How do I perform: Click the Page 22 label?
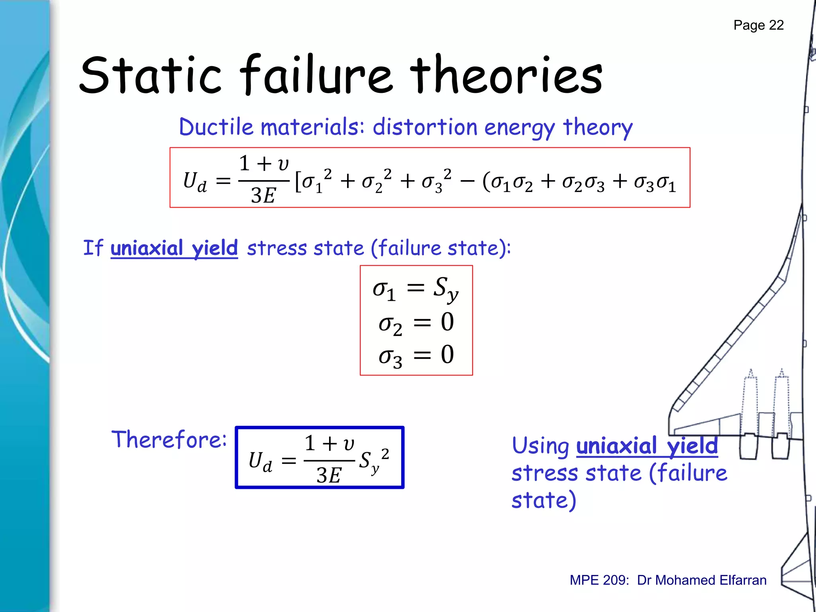[758, 25]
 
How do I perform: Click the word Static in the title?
[150, 76]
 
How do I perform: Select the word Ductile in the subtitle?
[216, 127]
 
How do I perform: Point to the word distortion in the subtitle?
[425, 127]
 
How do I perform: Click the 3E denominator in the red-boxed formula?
[263, 196]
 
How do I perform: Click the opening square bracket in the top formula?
[298, 182]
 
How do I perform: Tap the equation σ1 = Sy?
[416, 288]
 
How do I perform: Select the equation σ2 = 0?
[416, 323]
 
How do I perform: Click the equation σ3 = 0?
[416, 355]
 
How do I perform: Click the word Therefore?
[169, 439]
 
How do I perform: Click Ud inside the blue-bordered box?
[260, 462]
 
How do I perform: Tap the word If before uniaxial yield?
[93, 248]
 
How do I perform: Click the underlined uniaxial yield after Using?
[647, 446]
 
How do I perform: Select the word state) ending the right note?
[544, 500]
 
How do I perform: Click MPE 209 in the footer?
[599, 580]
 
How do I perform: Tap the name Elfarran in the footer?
[743, 580]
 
